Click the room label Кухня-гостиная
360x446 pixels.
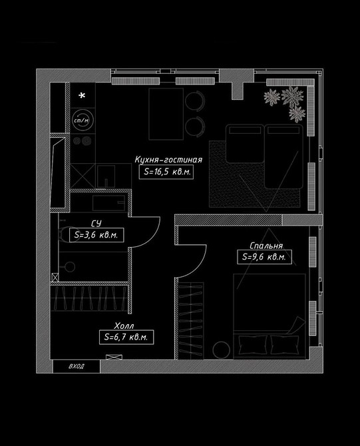tap(168, 160)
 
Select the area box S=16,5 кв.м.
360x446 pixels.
tap(166, 172)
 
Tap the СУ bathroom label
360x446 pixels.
tap(96, 223)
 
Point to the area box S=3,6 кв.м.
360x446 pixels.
tap(96, 235)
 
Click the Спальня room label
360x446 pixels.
tap(266, 246)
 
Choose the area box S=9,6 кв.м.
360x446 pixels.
tap(264, 257)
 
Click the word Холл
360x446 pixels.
tap(124, 326)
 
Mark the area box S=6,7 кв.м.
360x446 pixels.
tap(126, 337)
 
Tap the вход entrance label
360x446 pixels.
tap(77, 366)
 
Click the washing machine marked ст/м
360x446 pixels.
tap(81, 120)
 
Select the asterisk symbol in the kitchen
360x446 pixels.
tap(82, 96)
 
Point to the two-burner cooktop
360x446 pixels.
tap(82, 140)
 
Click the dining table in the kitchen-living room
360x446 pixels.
tap(166, 114)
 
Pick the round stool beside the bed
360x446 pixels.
tap(221, 350)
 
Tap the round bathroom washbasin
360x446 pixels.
tap(69, 267)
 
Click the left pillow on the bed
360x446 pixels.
tap(252, 344)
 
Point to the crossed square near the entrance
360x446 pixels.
tap(114, 357)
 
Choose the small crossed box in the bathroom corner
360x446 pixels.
tap(55, 278)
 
